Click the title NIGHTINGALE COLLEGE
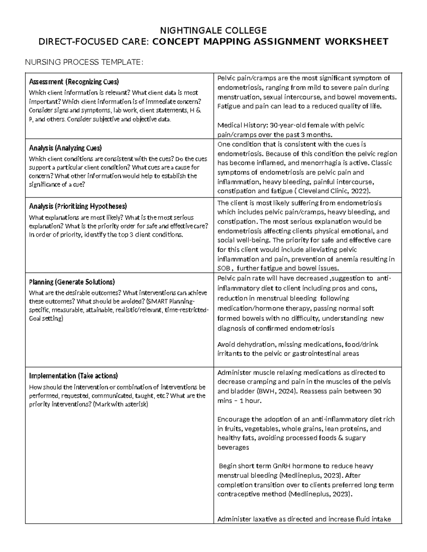(213, 30)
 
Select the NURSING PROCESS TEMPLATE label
(84, 63)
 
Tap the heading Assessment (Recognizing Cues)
(74, 82)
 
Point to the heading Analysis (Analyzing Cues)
(65, 148)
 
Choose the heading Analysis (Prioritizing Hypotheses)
(78, 206)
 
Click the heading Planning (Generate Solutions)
(72, 282)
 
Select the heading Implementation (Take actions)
(73, 376)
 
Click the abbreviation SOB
(224, 268)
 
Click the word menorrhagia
(326, 163)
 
